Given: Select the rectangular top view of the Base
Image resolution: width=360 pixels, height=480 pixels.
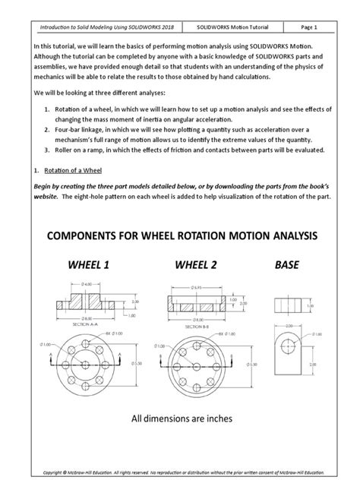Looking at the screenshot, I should coord(291,301).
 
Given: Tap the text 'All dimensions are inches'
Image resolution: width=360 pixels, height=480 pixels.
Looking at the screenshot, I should coord(180,418).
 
